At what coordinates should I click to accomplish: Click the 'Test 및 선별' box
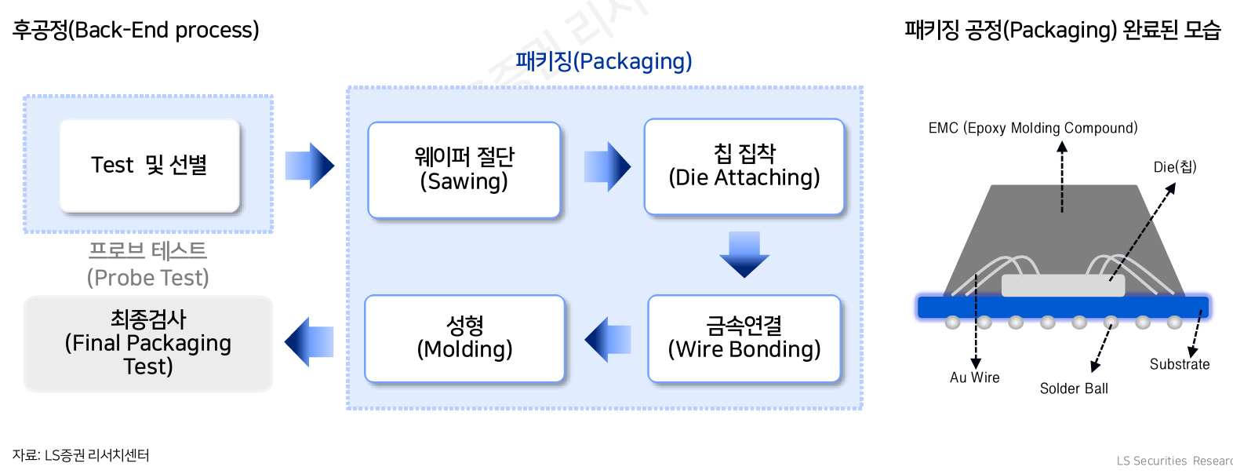pos(149,166)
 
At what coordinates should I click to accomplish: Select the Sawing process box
pos(464,170)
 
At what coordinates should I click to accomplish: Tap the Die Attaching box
pos(744,166)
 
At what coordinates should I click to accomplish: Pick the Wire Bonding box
pos(744,338)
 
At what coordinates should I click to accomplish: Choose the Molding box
pos(464,338)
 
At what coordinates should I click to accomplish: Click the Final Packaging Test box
pos(148,343)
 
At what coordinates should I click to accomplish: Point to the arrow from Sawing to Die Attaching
pos(607,166)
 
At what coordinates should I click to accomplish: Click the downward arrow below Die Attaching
pos(744,254)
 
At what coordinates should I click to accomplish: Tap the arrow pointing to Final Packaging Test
pos(309,341)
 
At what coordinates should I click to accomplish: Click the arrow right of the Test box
pos(310,166)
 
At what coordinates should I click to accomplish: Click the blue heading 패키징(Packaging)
pos(604,61)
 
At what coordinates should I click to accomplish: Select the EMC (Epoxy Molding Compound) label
pos(1033,128)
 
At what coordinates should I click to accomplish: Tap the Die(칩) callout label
pos(1174,167)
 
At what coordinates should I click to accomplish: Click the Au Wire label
pos(975,377)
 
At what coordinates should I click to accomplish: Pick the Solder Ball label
pos(1074,388)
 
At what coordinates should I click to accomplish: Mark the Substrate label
pos(1180,364)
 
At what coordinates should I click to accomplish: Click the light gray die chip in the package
pos(1063,286)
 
